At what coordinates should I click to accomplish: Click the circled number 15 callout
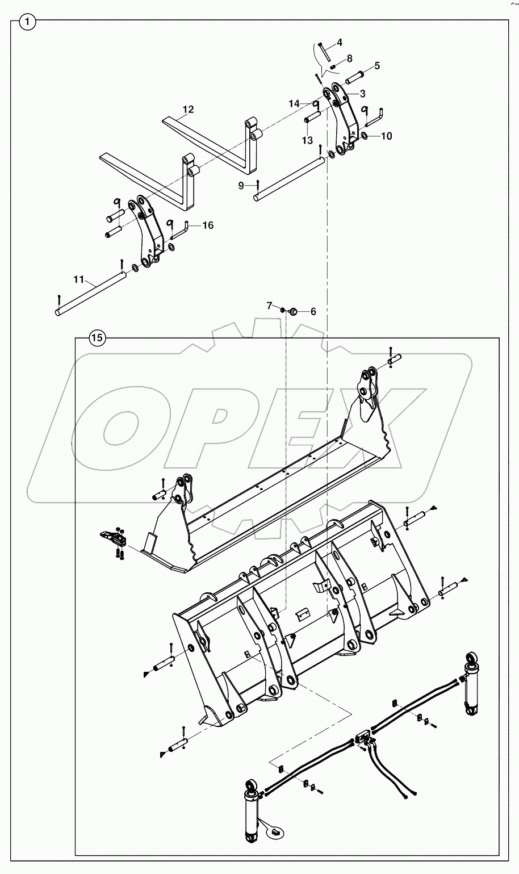tap(97, 338)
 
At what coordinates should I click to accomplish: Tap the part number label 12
tap(188, 109)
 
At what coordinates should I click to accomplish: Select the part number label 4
tap(340, 43)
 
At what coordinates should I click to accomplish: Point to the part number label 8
tap(349, 58)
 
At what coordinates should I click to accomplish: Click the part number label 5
tap(377, 66)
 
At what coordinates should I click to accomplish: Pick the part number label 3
tap(362, 93)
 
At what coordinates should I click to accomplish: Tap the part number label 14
tap(294, 103)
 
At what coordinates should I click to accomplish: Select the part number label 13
tap(307, 140)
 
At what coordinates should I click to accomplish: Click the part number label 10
tap(386, 136)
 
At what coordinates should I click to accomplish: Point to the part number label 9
tap(241, 185)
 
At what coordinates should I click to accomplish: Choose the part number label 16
tap(208, 225)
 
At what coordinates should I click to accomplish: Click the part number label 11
tap(78, 279)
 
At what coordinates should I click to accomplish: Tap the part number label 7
tap(270, 306)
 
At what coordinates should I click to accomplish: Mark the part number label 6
tap(313, 311)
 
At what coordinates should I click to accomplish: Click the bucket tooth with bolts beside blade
tap(114, 538)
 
